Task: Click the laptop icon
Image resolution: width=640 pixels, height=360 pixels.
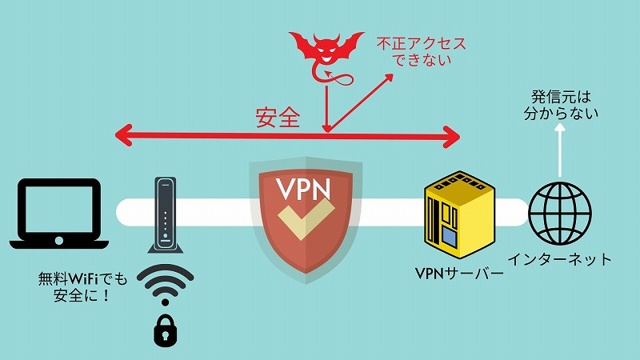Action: pos(60,214)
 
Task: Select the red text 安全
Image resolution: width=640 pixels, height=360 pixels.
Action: pos(278,118)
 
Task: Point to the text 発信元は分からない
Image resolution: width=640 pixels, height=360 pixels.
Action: pos(560,104)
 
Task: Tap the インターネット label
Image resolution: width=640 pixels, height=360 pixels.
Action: pos(560,259)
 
